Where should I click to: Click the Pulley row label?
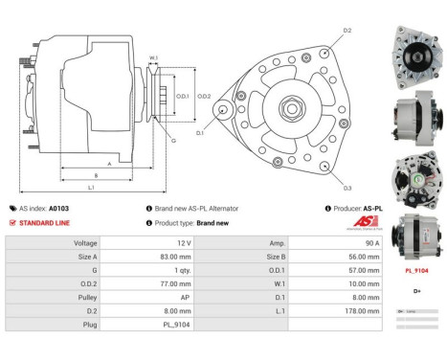(85, 298)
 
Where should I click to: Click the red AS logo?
(351, 219)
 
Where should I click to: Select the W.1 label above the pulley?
(153, 59)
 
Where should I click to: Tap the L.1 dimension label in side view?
(90, 187)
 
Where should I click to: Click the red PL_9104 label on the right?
(416, 271)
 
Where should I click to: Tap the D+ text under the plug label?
(416, 290)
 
